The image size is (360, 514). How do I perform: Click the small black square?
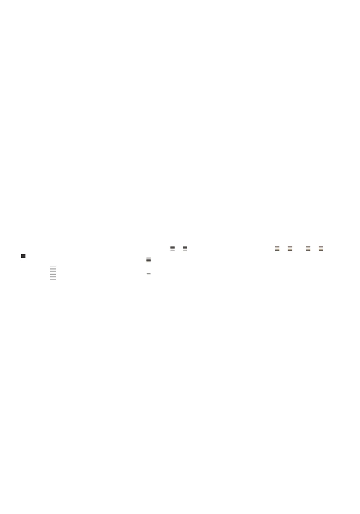[x=23, y=256]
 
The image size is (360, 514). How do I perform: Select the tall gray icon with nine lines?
[x=53, y=273]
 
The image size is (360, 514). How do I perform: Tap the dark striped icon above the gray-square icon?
[x=149, y=260]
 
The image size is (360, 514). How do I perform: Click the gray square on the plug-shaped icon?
[x=152, y=275]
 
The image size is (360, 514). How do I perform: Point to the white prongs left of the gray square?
[x=148, y=275]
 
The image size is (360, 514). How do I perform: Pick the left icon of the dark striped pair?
[x=172, y=248]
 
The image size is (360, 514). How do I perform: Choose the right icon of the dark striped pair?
[x=185, y=248]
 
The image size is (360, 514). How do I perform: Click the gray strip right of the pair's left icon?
[x=176, y=249]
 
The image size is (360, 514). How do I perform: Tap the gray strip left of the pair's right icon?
[x=181, y=249]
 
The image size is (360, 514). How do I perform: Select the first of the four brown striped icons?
[x=277, y=249]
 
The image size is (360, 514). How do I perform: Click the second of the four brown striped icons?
[x=290, y=249]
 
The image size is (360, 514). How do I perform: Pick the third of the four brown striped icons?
[x=308, y=249]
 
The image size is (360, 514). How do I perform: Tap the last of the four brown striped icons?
[x=321, y=249]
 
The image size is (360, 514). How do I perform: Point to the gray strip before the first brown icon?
[x=273, y=249]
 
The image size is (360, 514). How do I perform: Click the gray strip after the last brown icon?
[x=325, y=249]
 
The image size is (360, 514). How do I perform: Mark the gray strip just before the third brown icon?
[x=304, y=249]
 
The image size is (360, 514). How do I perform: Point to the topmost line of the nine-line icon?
[x=53, y=268]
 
